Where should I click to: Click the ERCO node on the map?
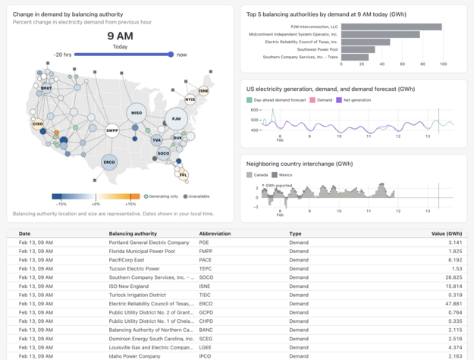click(x=109, y=162)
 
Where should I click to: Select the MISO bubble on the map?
click(x=137, y=113)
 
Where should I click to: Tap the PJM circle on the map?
click(x=176, y=119)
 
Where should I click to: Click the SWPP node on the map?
click(x=112, y=130)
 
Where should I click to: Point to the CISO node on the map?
click(x=37, y=123)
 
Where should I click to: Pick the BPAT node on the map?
click(x=46, y=88)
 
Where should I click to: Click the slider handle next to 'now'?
click(x=171, y=55)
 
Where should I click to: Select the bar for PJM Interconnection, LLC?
click(x=391, y=27)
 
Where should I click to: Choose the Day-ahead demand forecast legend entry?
click(x=275, y=100)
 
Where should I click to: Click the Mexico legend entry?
click(x=283, y=175)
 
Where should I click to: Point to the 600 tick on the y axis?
click(x=254, y=110)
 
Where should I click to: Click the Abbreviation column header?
click(x=215, y=233)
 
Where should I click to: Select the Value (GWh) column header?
click(x=446, y=233)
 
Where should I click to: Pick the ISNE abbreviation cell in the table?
click(x=206, y=286)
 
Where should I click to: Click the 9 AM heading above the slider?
click(x=120, y=36)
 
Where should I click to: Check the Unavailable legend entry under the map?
click(x=196, y=196)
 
